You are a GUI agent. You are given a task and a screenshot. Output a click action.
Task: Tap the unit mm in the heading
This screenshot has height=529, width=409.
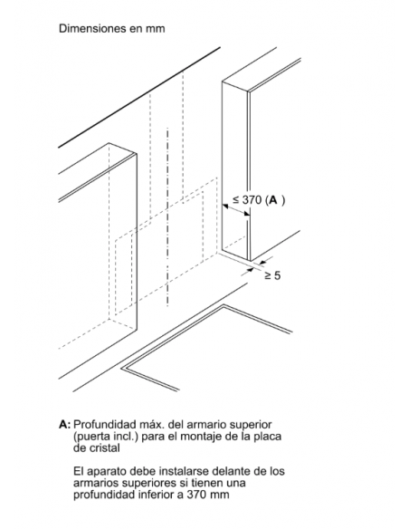point(156,29)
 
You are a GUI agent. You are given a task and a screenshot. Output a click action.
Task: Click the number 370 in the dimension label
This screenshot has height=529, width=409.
point(252,199)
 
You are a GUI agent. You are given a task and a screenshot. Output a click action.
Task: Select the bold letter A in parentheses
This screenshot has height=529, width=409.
point(273,200)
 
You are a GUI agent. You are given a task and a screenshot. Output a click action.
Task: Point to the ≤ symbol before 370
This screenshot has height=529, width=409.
point(236,200)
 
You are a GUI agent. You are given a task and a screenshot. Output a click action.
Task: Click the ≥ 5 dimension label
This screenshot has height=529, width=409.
point(272,275)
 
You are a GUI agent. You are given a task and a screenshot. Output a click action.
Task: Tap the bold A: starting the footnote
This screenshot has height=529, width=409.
point(64,424)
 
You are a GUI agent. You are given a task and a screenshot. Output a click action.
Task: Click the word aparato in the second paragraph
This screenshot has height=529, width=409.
point(109,471)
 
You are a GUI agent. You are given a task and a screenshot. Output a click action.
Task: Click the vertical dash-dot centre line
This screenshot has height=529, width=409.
point(167,217)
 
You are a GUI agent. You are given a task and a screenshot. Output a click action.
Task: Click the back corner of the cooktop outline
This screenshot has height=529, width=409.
point(224,305)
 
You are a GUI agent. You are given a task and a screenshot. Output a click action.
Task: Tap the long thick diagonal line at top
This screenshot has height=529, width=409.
point(139,97)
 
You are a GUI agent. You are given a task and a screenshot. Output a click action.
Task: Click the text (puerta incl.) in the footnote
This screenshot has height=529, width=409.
point(106,437)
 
